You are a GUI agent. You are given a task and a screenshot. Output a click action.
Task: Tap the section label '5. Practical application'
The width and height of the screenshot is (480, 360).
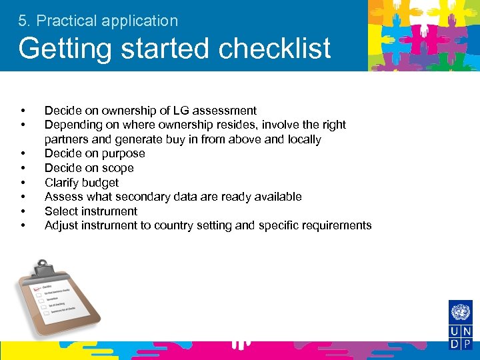pos(98,21)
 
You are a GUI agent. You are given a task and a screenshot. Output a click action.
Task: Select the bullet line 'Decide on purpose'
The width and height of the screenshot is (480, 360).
pos(95,153)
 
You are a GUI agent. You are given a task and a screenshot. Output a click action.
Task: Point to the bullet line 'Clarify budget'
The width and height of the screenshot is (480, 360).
pos(81,182)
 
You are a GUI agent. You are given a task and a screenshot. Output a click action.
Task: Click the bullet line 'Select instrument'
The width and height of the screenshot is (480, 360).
pos(91,211)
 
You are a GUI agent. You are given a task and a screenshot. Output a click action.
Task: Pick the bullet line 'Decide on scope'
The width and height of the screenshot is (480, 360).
pos(89,168)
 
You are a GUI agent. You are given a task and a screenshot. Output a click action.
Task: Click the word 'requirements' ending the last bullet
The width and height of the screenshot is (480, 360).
pos(338,225)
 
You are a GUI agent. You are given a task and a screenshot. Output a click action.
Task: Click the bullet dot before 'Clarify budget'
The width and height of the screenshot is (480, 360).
pos(23,182)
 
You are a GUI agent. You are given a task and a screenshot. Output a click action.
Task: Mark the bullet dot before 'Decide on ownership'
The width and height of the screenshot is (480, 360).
pos(23,111)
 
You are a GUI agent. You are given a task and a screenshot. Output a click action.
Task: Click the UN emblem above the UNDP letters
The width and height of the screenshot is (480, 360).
pos(460,312)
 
